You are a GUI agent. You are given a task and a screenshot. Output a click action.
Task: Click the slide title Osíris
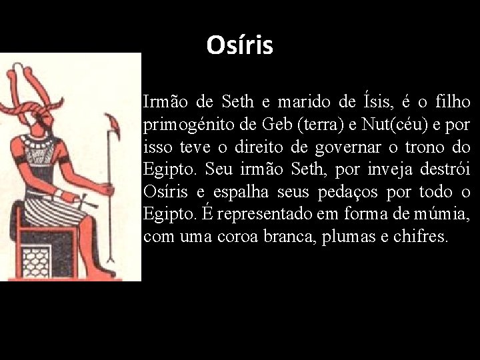(240, 45)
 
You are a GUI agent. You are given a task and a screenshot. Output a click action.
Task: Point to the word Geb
(278, 125)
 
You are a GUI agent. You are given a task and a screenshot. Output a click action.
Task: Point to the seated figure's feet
(101, 267)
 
